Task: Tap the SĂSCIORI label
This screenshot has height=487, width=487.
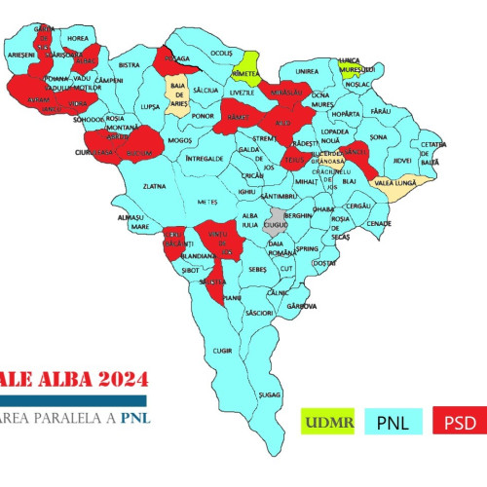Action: tap(259, 313)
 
